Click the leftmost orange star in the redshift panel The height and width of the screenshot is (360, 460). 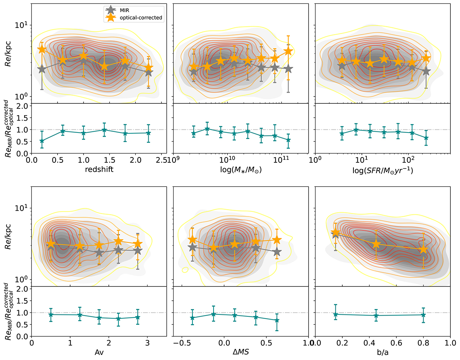coord(42,50)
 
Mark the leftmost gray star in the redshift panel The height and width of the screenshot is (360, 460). coord(42,69)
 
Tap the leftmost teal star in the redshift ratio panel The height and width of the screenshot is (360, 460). coord(42,141)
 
